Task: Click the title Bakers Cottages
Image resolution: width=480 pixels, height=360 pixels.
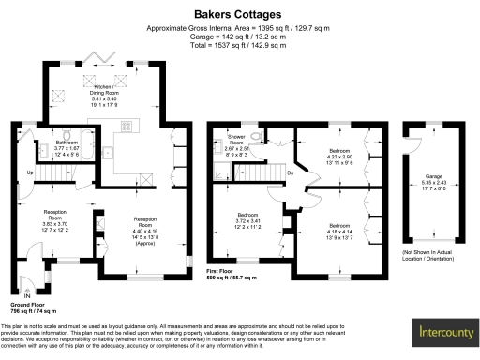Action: pyautogui.click(x=239, y=15)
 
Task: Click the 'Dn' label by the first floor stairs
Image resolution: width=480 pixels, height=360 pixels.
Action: pyautogui.click(x=291, y=173)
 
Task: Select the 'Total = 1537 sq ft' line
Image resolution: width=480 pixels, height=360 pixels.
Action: pyautogui.click(x=239, y=44)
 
